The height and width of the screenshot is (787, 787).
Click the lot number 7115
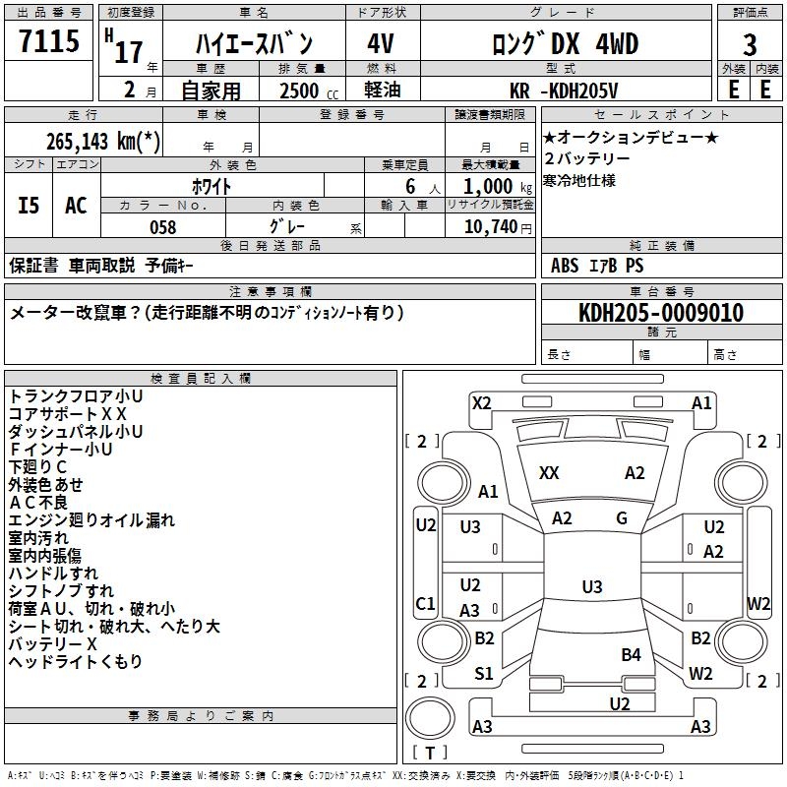(49, 42)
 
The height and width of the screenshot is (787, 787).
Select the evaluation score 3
(750, 45)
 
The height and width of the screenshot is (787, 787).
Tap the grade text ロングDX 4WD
(565, 44)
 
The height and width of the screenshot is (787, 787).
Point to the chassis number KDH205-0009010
(661, 313)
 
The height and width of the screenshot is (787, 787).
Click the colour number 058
(162, 227)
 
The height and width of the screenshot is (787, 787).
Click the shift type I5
(30, 206)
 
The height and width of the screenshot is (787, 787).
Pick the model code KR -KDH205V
(565, 91)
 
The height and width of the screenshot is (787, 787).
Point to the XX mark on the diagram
(549, 473)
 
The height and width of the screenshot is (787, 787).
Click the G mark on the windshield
(622, 518)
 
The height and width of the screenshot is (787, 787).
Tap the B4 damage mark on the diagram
(631, 654)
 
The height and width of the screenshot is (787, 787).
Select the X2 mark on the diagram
(482, 402)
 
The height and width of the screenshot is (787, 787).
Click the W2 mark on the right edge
(758, 603)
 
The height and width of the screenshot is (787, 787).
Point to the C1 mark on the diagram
(426, 603)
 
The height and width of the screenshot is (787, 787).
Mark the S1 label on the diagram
(484, 674)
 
